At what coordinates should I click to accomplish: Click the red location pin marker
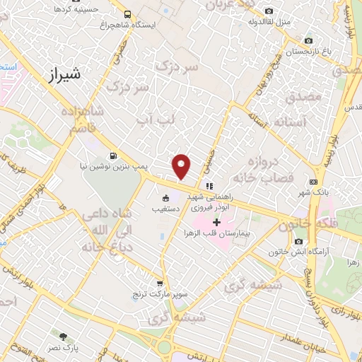coord(182,166)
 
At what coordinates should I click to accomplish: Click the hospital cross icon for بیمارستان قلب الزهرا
coord(216,223)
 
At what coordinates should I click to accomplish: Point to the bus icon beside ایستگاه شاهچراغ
coord(127,14)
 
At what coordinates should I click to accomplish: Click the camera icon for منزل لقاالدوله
coord(269,11)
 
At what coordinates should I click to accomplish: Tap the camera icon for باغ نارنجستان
coord(308,42)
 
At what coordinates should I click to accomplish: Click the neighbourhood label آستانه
coord(283,122)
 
